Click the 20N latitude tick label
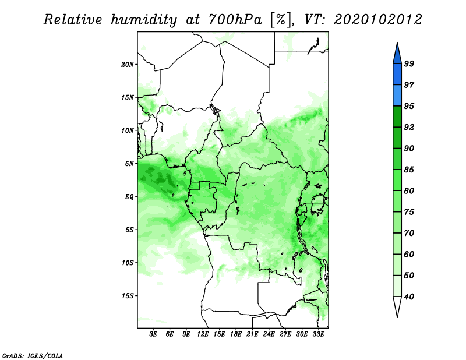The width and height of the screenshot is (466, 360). [127, 65]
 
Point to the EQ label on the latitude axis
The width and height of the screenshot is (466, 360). [129, 197]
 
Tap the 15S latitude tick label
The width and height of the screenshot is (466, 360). [127, 296]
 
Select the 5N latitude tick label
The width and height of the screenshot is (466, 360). [129, 164]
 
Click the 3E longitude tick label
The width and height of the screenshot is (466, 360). [153, 334]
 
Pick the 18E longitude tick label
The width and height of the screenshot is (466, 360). [236, 334]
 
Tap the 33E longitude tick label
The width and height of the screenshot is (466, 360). [318, 334]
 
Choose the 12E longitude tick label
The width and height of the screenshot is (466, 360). [203, 334]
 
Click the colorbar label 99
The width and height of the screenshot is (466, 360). [409, 64]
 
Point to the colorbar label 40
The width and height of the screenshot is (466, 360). [409, 297]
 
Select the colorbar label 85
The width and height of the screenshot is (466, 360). [409, 170]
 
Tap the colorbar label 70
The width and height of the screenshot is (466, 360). [409, 233]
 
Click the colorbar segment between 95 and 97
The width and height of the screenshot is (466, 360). [397, 96]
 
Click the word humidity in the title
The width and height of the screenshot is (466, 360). [144, 20]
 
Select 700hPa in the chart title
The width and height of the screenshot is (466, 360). [235, 20]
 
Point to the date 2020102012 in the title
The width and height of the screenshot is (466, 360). [377, 20]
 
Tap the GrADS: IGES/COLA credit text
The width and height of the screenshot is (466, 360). [33, 355]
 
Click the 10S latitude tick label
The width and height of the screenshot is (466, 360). [127, 263]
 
